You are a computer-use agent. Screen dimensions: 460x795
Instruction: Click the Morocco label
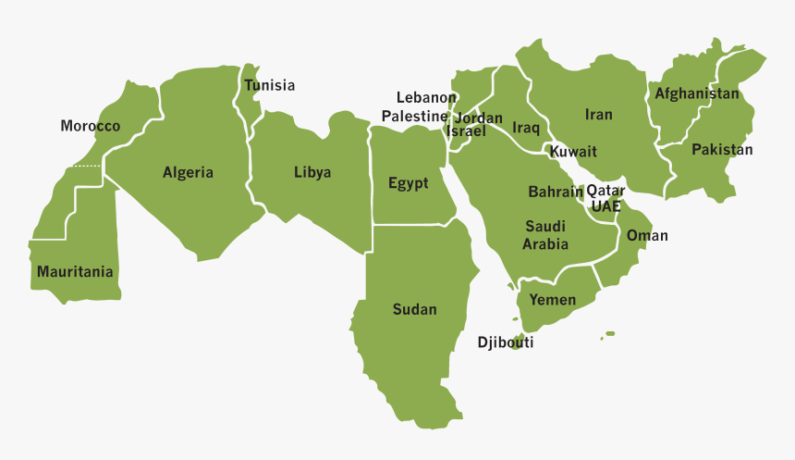tap(91, 126)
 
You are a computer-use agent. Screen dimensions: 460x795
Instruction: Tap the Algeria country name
tap(188, 172)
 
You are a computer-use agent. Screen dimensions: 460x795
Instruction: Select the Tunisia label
tap(270, 85)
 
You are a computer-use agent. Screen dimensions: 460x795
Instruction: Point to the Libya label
tap(312, 172)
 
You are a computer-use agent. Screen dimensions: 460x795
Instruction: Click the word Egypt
tap(408, 183)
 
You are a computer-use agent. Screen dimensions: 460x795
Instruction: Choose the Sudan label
tap(414, 309)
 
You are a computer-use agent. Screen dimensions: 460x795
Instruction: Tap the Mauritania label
tap(75, 272)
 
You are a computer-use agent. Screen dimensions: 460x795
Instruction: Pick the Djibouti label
tap(505, 342)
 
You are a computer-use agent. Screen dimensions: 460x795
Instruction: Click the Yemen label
tap(552, 300)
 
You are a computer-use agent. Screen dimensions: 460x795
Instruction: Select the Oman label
tap(647, 235)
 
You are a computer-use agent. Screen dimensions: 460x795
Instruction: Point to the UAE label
tap(605, 205)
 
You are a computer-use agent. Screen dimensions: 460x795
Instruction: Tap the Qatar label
tap(605, 191)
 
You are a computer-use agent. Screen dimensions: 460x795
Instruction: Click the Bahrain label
tap(555, 192)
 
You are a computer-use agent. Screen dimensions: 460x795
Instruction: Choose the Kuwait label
tap(573, 152)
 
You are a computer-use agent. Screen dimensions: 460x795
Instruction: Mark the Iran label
tap(598, 115)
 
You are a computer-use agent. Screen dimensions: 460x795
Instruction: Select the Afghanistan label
tap(697, 93)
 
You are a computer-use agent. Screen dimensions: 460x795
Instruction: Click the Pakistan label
tap(722, 149)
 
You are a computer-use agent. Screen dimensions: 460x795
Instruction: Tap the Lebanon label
tap(426, 97)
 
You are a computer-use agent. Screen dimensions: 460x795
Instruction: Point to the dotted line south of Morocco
tap(87, 166)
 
